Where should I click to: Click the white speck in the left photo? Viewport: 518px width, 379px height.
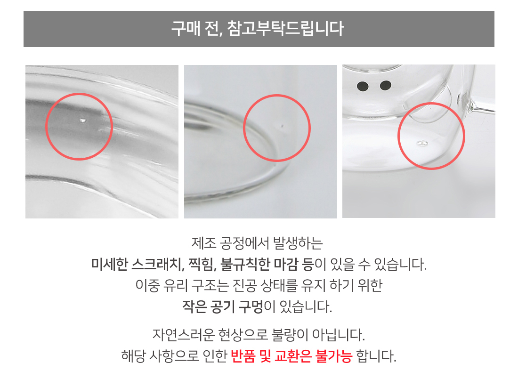pos(83,121)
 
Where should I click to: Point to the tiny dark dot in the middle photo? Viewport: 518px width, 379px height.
pos(282,126)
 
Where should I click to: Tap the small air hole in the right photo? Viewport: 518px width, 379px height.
pos(422,143)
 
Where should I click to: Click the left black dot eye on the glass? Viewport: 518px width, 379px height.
pos(363,87)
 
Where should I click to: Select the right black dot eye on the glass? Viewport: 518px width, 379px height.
pos(386,85)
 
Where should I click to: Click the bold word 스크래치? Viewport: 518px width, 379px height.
pos(157,264)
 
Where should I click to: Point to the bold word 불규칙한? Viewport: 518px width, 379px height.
pos(245,264)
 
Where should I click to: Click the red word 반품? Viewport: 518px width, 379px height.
pos(243,356)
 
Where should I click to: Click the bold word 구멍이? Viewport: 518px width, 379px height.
pos(257,306)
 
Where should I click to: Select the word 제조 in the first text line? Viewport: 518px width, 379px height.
pos(203,243)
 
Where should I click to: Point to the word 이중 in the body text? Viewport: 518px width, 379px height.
pos(147,285)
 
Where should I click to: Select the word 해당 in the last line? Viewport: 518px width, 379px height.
pos(133,356)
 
